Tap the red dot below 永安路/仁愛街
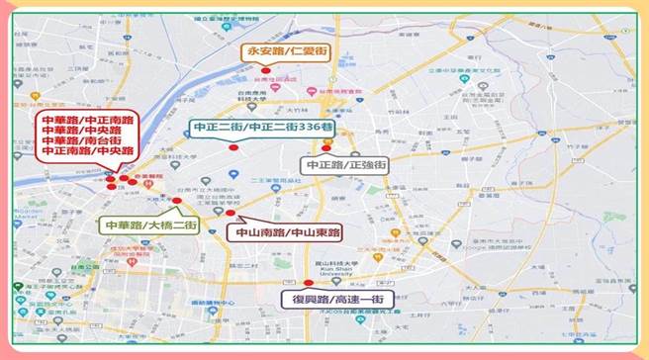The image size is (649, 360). point(266,68)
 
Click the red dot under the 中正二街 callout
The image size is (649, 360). point(233,147)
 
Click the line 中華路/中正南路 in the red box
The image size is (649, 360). point(81,120)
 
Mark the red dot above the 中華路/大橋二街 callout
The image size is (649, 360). point(176,201)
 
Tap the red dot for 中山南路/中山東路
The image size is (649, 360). point(231,213)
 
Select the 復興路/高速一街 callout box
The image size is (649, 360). point(336,299)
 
